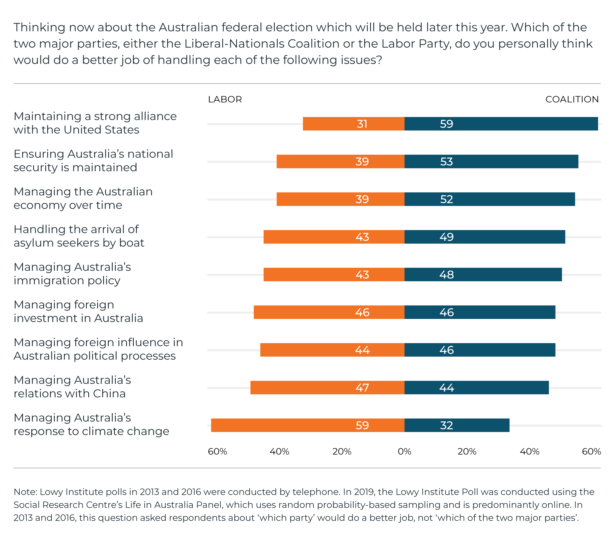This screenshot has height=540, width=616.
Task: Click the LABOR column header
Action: [225, 100]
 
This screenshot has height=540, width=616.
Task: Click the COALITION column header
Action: [572, 100]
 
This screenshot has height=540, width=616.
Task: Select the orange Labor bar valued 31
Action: [353, 124]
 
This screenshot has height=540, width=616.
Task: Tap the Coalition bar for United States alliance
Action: [501, 124]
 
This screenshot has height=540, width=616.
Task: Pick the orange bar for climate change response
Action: [307, 425]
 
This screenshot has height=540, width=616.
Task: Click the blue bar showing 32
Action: [457, 425]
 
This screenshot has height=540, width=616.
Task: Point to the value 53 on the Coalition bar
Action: [446, 162]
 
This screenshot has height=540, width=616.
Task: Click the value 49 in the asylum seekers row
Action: [446, 237]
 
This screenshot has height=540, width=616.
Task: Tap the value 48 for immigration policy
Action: [446, 275]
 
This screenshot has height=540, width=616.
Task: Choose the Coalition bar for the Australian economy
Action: [489, 199]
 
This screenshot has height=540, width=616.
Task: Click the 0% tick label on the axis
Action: [404, 451]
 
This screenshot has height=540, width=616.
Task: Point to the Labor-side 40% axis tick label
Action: [279, 451]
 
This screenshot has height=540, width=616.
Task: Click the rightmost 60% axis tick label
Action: [591, 451]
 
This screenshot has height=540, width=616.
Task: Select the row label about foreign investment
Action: [78, 312]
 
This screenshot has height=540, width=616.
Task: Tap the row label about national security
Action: [93, 161]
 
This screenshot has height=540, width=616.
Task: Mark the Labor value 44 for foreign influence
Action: [362, 350]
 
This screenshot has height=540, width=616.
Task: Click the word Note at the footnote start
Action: [25, 492]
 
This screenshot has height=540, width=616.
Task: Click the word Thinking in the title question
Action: [39, 28]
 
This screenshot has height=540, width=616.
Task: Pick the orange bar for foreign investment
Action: [329, 312]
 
